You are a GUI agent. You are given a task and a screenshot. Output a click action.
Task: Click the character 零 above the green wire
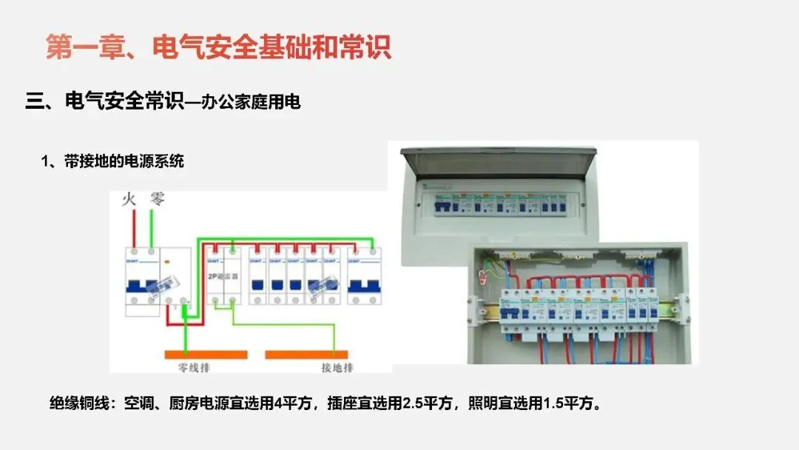pyautogui.click(x=157, y=198)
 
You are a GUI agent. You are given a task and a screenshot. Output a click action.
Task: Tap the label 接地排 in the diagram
pyautogui.click(x=337, y=367)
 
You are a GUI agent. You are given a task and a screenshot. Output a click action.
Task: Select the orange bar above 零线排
pyautogui.click(x=205, y=354)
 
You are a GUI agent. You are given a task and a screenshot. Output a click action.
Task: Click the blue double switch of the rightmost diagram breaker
pyautogui.click(x=364, y=285)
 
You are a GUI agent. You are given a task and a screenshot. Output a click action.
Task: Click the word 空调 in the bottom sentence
pyautogui.click(x=139, y=404)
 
